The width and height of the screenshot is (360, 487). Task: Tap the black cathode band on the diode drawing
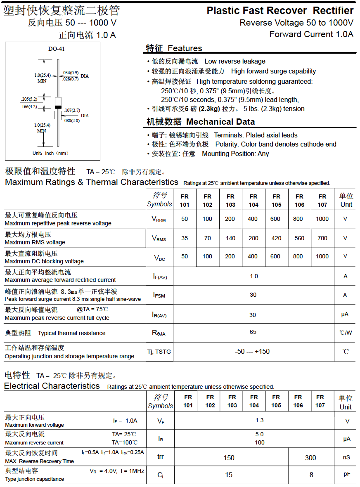pyautogui.click(x=58, y=107)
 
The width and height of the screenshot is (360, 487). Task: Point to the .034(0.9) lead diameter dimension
pyautogui.click(x=71, y=73)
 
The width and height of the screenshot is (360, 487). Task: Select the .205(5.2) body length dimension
pyautogui.click(x=29, y=99)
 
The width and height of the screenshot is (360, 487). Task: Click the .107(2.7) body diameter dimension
pyautogui.click(x=72, y=110)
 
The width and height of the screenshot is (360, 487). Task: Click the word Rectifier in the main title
pyautogui.click(x=333, y=11)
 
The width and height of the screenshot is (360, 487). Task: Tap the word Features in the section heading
pyautogui.click(x=185, y=48)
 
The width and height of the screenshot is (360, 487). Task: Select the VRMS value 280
pyautogui.click(x=253, y=238)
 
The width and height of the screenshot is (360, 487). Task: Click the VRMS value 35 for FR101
pyautogui.click(x=185, y=238)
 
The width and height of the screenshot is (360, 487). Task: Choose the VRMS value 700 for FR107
pyautogui.click(x=322, y=238)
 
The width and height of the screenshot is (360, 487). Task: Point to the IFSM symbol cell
pyautogui.click(x=159, y=295)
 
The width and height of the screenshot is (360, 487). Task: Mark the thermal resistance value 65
pyautogui.click(x=253, y=332)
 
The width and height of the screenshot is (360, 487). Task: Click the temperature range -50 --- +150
pyautogui.click(x=252, y=352)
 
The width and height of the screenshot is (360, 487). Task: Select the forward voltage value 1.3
pyautogui.click(x=259, y=420)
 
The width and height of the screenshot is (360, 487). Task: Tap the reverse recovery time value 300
pyautogui.click(x=310, y=457)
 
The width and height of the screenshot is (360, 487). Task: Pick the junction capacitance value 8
pyautogui.click(x=311, y=475)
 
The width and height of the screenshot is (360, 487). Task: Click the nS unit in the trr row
pyautogui.click(x=346, y=457)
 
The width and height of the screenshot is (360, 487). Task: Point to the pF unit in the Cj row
pyautogui.click(x=347, y=474)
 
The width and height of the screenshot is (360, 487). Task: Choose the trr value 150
pyautogui.click(x=229, y=458)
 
